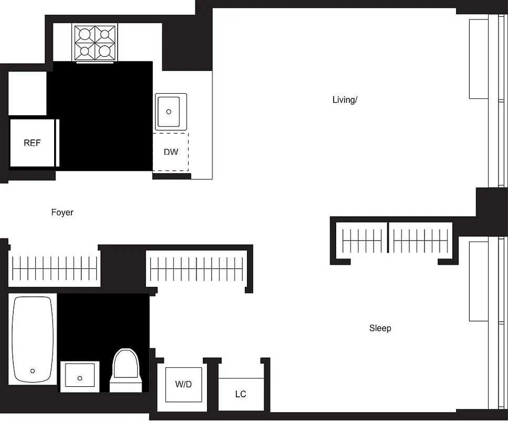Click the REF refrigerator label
tap(32, 143)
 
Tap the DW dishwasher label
tap(171, 152)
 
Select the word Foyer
tap(62, 213)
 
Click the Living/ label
tap(345, 99)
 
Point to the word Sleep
tap(380, 328)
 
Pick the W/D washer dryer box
tap(183, 384)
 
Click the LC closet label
tap(241, 394)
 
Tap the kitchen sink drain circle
tap(169, 112)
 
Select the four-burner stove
tap(95, 43)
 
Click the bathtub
tap(33, 340)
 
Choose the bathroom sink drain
tap(80, 378)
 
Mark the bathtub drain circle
tap(33, 370)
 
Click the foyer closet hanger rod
tap(55, 269)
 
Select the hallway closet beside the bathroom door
tap(197, 269)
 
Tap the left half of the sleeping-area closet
tap(362, 241)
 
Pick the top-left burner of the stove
tap(84, 35)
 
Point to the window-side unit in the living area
tap(478, 59)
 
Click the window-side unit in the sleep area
tap(478, 281)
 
